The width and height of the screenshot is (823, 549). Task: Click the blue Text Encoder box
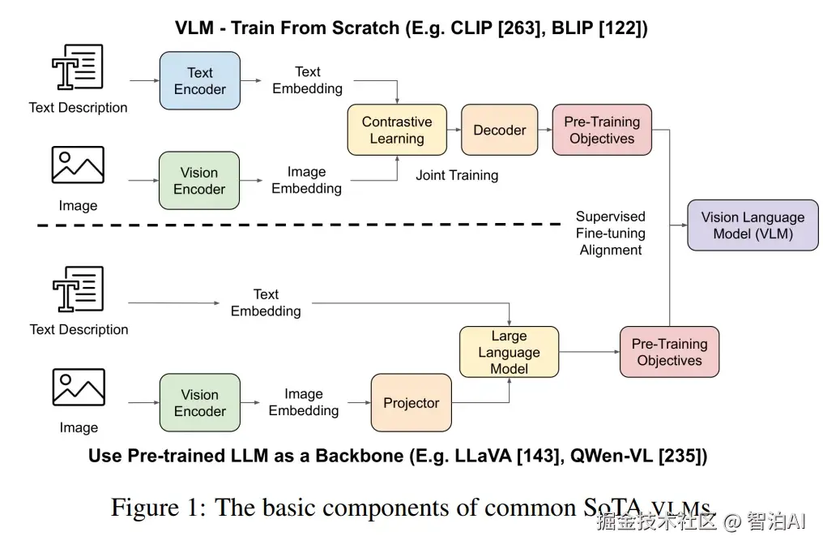click(200, 81)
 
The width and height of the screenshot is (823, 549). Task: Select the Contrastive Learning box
click(397, 130)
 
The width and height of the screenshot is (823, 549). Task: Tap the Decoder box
click(499, 130)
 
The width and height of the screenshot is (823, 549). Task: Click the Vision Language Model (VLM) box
click(753, 225)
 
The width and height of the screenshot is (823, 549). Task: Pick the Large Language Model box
click(509, 352)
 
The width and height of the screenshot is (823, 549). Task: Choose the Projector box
click(411, 403)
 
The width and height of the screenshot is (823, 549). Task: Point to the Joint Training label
click(457, 175)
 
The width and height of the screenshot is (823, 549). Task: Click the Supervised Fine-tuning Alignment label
click(611, 234)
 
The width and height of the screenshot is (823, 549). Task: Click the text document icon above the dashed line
click(78, 67)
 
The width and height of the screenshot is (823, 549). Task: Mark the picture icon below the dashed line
click(79, 387)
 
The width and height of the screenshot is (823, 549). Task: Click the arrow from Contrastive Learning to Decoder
click(454, 130)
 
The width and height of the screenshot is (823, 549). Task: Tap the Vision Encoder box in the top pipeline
click(199, 181)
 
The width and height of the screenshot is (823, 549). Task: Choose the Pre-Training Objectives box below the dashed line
click(669, 352)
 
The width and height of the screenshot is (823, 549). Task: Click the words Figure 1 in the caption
click(159, 508)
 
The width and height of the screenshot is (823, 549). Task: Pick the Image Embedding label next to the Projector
click(304, 402)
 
